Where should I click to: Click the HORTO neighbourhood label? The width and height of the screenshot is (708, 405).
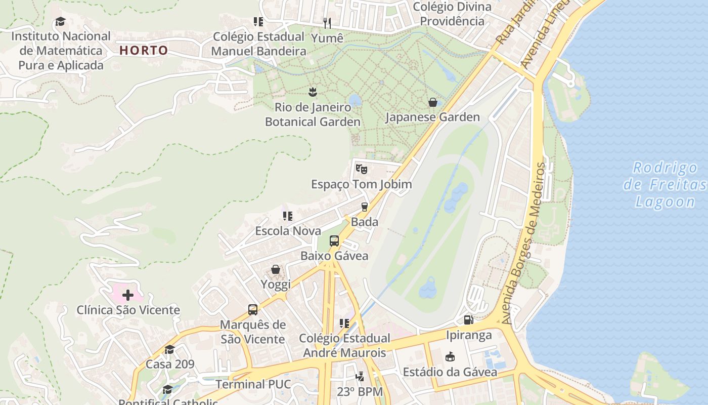coord(144,50)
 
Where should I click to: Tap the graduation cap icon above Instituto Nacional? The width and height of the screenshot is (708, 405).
coord(60,22)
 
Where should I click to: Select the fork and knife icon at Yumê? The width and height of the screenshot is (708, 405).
coord(327,23)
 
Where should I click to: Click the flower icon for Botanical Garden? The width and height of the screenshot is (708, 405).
coord(313,92)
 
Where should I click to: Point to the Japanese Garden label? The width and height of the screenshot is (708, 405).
coord(432,117)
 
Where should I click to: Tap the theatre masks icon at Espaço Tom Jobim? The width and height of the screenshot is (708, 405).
coord(361,169)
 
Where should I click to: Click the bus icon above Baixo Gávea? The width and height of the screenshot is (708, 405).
coord(334,241)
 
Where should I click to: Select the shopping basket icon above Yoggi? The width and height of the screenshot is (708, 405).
coord(276,269)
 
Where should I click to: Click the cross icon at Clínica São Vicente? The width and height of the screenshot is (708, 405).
coord(128,295)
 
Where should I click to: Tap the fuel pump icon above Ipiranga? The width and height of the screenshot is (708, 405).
coord(468,320)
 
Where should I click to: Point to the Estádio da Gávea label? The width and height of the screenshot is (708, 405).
coord(450,372)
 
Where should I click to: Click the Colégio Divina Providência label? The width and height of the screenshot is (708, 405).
coord(452,14)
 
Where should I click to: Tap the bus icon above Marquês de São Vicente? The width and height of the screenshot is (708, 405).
coord(253,310)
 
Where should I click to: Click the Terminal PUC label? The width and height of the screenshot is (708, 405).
coord(253,384)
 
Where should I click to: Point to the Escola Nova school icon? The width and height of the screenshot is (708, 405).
coord(288,216)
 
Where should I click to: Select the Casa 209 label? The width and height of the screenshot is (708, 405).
coord(170,364)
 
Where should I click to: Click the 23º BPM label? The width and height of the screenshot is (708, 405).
coord(360,391)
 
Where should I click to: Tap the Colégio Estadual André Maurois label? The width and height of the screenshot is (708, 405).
coord(344,345)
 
